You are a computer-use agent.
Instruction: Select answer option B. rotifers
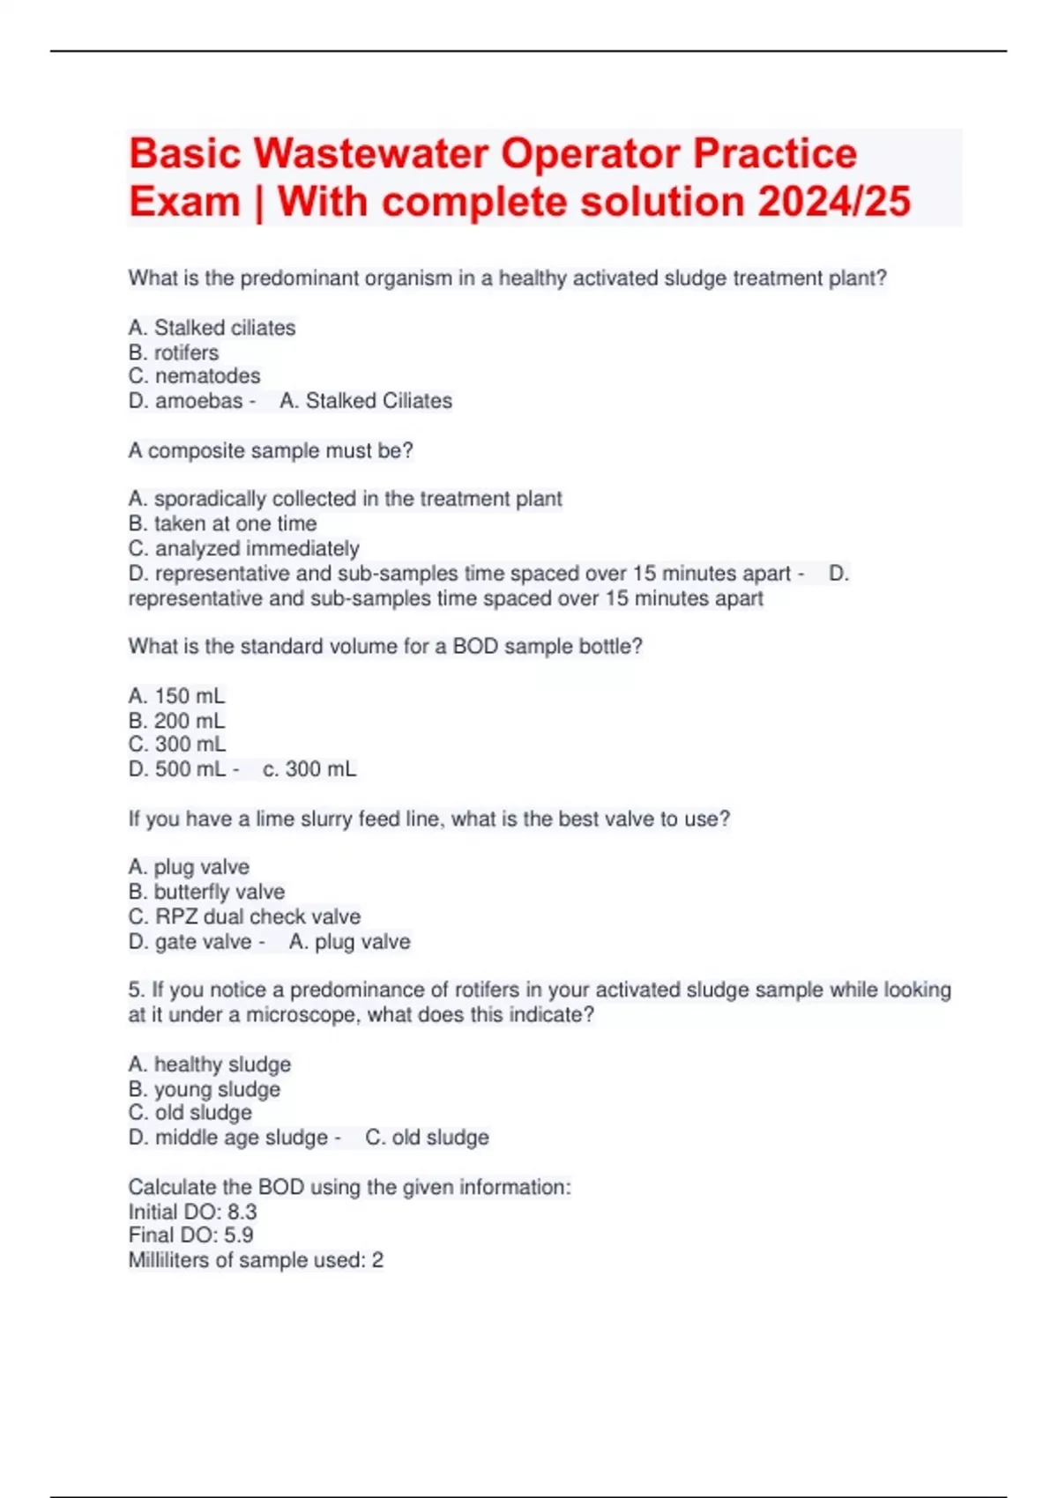174,352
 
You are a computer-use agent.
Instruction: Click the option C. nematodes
195,376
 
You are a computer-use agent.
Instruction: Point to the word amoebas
198,401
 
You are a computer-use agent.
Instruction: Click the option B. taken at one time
222,523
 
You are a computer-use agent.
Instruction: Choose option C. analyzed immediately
243,548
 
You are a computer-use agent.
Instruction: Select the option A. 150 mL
176,696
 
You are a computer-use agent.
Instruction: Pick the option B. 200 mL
176,721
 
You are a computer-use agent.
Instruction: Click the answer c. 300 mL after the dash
309,769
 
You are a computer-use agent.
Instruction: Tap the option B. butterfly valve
206,892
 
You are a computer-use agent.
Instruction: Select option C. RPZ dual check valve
244,916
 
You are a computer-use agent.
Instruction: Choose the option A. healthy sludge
209,1064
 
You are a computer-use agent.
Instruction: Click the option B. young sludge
205,1089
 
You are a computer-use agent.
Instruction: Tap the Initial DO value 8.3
242,1212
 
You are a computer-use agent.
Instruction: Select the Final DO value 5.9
238,1235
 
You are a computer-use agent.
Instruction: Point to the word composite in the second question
197,451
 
